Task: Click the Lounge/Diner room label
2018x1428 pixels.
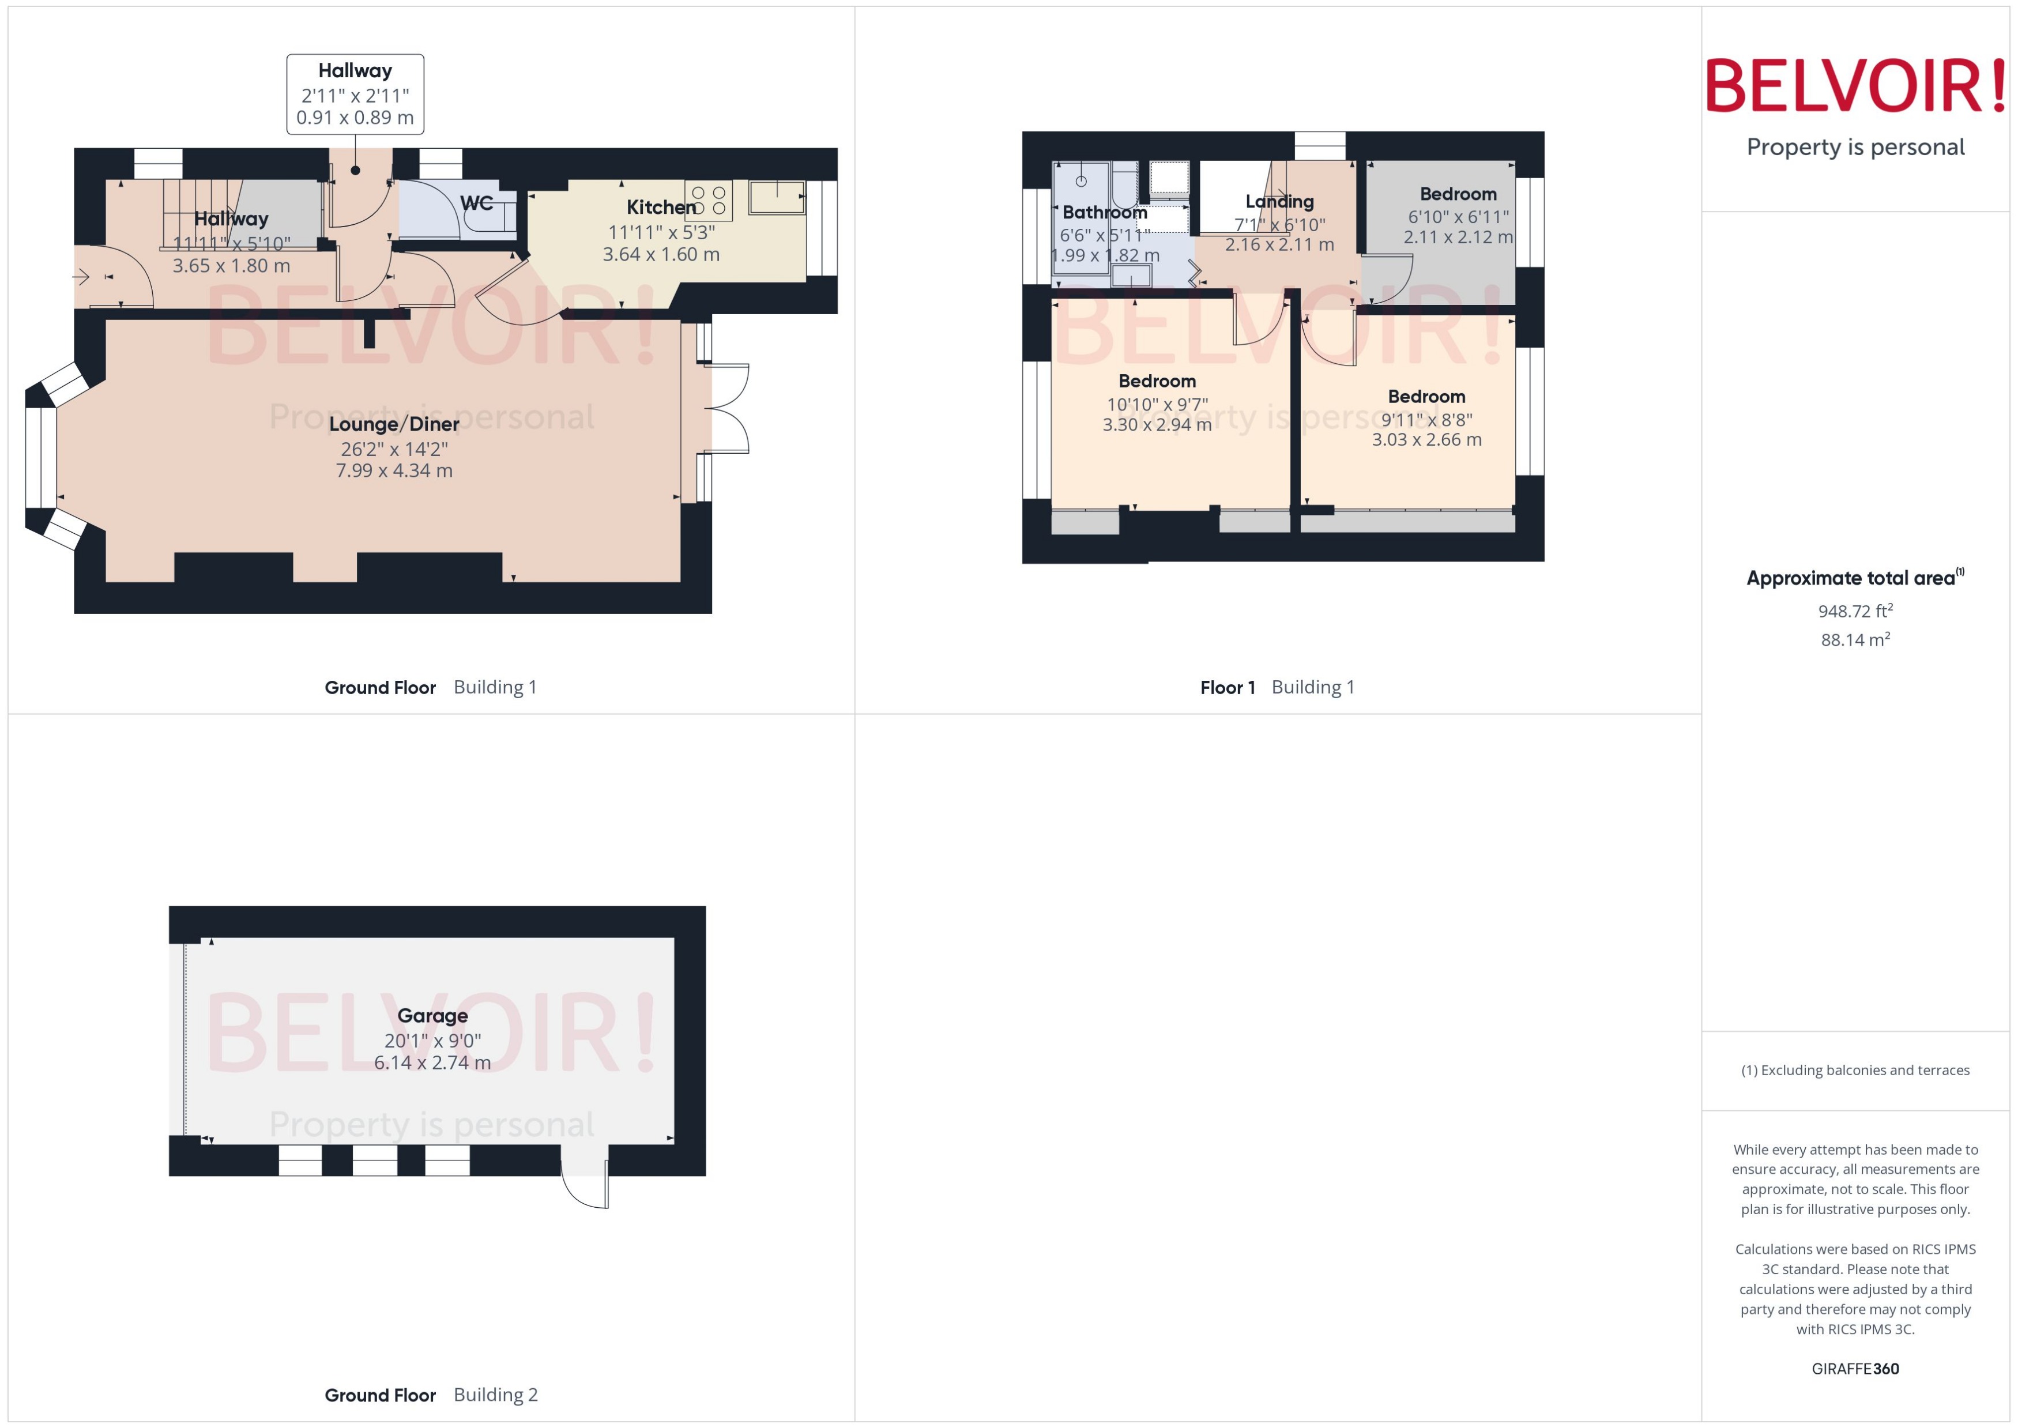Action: [x=394, y=424]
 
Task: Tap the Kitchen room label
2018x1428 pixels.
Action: [x=660, y=208]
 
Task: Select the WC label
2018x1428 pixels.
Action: [x=476, y=203]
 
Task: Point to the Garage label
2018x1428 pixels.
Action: [x=432, y=1016]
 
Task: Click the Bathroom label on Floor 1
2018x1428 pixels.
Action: [x=1104, y=212]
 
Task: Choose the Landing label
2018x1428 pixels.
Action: [x=1279, y=201]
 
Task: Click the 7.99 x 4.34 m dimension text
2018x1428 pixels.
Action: [x=394, y=470]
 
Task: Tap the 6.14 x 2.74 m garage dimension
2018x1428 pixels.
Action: [x=432, y=1062]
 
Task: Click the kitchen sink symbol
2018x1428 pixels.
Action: [x=777, y=197]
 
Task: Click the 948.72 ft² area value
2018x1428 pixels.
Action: [x=1854, y=611]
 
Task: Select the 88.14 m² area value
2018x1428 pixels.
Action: [x=1854, y=639]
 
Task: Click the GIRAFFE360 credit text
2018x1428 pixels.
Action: [x=1854, y=1368]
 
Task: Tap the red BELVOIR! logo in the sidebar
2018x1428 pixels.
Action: [x=1854, y=86]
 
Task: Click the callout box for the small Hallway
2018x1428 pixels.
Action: [x=355, y=94]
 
